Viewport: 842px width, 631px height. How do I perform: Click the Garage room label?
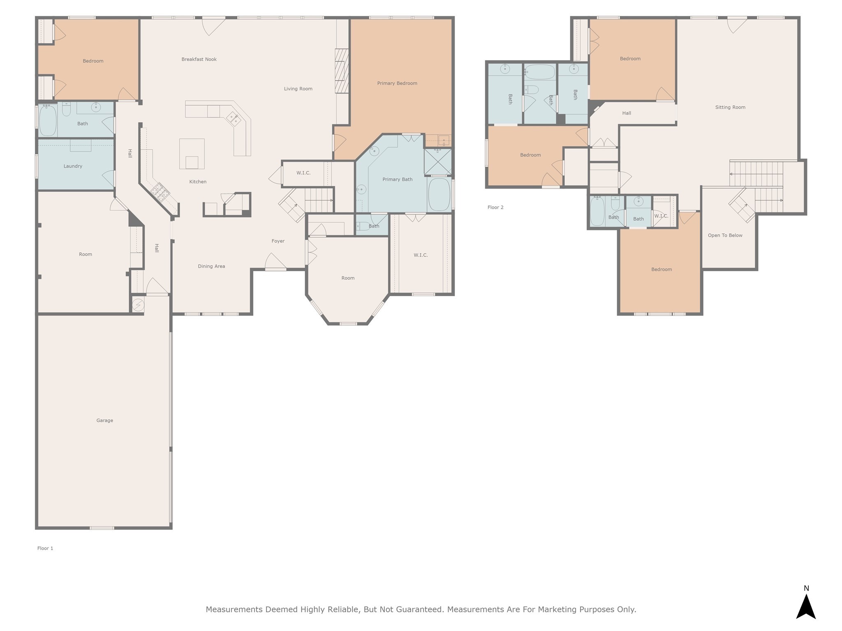click(x=104, y=420)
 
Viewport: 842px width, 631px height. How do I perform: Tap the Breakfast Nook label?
click(x=199, y=59)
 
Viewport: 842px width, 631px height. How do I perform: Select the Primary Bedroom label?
click(x=397, y=83)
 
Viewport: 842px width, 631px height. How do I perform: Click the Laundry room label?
click(x=73, y=166)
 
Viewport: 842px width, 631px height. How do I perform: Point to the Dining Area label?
click(x=211, y=266)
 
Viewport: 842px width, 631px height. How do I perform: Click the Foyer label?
click(x=278, y=241)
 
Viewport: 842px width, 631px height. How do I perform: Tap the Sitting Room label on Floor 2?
click(x=730, y=107)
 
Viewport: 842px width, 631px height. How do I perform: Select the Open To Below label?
click(x=725, y=235)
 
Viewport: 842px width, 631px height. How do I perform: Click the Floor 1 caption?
click(x=45, y=548)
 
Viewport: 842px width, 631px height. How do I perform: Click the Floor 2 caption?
click(x=495, y=207)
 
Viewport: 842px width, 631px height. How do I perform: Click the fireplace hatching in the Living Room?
click(x=342, y=71)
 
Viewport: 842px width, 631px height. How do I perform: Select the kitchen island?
click(x=192, y=154)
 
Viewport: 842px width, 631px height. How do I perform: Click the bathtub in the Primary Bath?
click(x=439, y=194)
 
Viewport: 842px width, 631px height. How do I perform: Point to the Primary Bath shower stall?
click(x=438, y=162)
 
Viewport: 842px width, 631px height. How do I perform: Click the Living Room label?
click(x=298, y=89)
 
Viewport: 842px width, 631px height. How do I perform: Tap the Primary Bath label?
click(x=397, y=180)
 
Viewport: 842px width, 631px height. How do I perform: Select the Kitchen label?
click(x=198, y=182)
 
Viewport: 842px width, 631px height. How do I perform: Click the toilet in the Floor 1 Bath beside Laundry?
click(x=66, y=109)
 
